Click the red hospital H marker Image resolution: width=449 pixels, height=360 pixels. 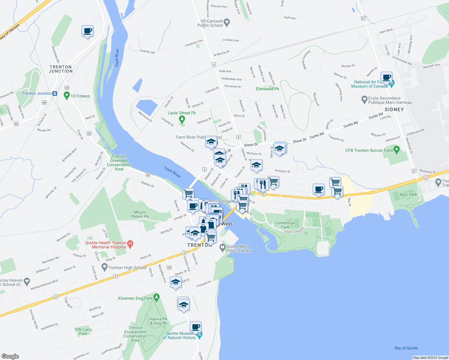point(130,244)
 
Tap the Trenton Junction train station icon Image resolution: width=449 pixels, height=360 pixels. point(55,93)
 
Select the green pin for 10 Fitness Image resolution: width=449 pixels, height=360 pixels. point(67,96)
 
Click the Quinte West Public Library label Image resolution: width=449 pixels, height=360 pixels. point(239,248)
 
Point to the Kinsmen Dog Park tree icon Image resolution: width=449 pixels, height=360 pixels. point(156,297)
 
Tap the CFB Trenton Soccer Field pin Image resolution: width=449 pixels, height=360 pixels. point(397,149)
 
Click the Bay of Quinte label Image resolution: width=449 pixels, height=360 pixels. point(406,348)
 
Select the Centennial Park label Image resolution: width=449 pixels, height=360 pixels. point(285,225)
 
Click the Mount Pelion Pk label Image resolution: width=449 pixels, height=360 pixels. point(140,214)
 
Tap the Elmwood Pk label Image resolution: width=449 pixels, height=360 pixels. point(267,89)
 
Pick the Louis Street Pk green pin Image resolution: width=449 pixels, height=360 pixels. point(182,119)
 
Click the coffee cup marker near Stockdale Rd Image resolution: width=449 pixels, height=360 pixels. point(87,31)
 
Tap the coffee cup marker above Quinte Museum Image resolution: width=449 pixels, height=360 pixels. point(195,327)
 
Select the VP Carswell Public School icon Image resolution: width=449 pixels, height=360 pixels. point(227,22)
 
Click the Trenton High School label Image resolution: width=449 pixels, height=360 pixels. point(127,268)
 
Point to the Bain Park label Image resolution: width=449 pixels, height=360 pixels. point(408,194)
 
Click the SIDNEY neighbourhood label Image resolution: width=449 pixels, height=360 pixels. point(394,109)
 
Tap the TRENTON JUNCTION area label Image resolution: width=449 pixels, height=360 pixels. point(61,69)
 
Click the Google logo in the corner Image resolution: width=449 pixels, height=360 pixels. point(10,356)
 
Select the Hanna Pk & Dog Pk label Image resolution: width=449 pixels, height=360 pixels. point(158,321)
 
